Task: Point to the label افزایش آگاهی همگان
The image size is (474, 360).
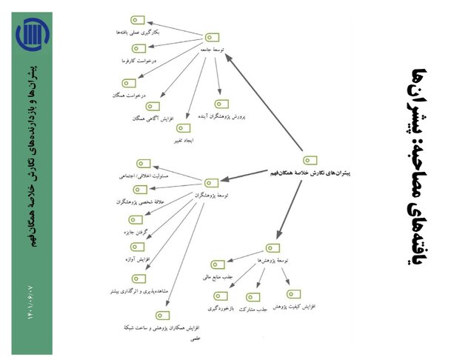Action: pyautogui.click(x=153, y=118)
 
